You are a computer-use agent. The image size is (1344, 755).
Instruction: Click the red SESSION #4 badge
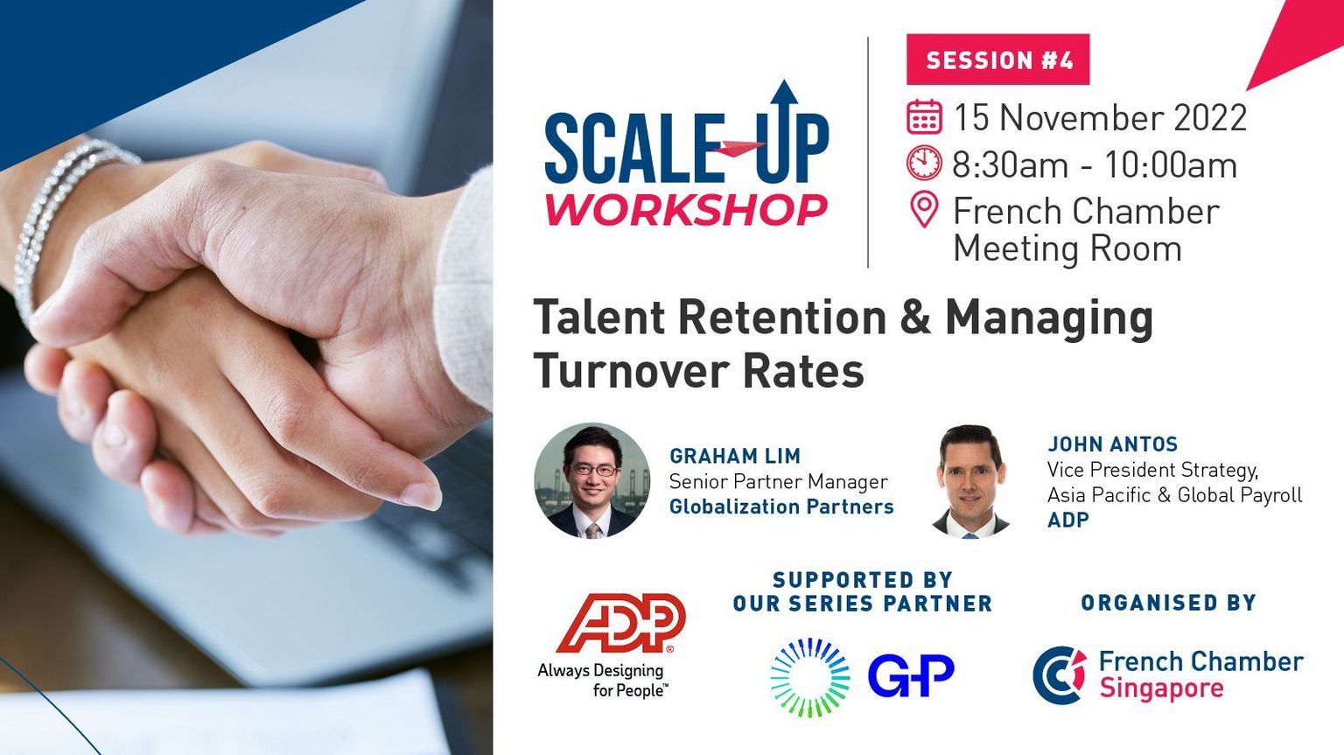click(997, 59)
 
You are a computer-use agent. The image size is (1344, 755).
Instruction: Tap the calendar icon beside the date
click(924, 116)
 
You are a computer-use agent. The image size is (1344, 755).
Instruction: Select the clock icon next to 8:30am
click(924, 163)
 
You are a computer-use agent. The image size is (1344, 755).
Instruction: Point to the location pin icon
click(924, 209)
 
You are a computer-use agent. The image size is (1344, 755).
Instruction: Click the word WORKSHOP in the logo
click(686, 209)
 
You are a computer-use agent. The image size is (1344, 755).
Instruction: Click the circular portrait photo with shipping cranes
click(592, 480)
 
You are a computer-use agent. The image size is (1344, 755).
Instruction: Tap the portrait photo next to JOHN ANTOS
click(970, 481)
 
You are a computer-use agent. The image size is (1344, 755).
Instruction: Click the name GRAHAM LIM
click(735, 457)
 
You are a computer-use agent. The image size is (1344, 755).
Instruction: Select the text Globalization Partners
click(781, 507)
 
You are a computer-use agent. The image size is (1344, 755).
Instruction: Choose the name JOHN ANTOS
click(1112, 444)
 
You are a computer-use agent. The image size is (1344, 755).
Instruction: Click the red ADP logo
click(621, 623)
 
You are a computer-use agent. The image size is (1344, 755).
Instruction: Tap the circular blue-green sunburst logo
click(810, 677)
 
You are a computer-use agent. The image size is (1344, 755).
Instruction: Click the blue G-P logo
click(911, 675)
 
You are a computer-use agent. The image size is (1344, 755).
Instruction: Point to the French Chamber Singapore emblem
click(1060, 675)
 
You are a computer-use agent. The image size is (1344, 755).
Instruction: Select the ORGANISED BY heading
click(1168, 603)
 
